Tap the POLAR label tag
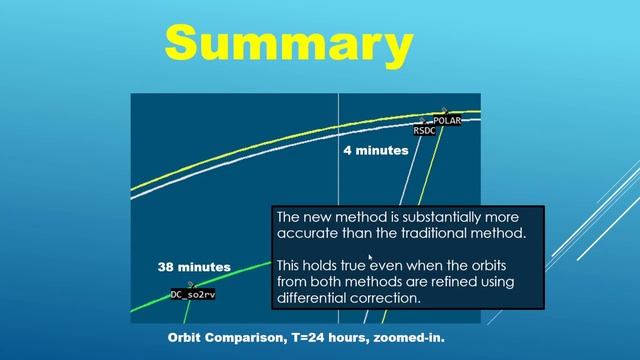(446, 120)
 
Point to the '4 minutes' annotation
(375, 151)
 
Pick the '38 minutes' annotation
(194, 267)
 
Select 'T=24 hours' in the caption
(330, 338)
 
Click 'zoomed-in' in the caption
(409, 338)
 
